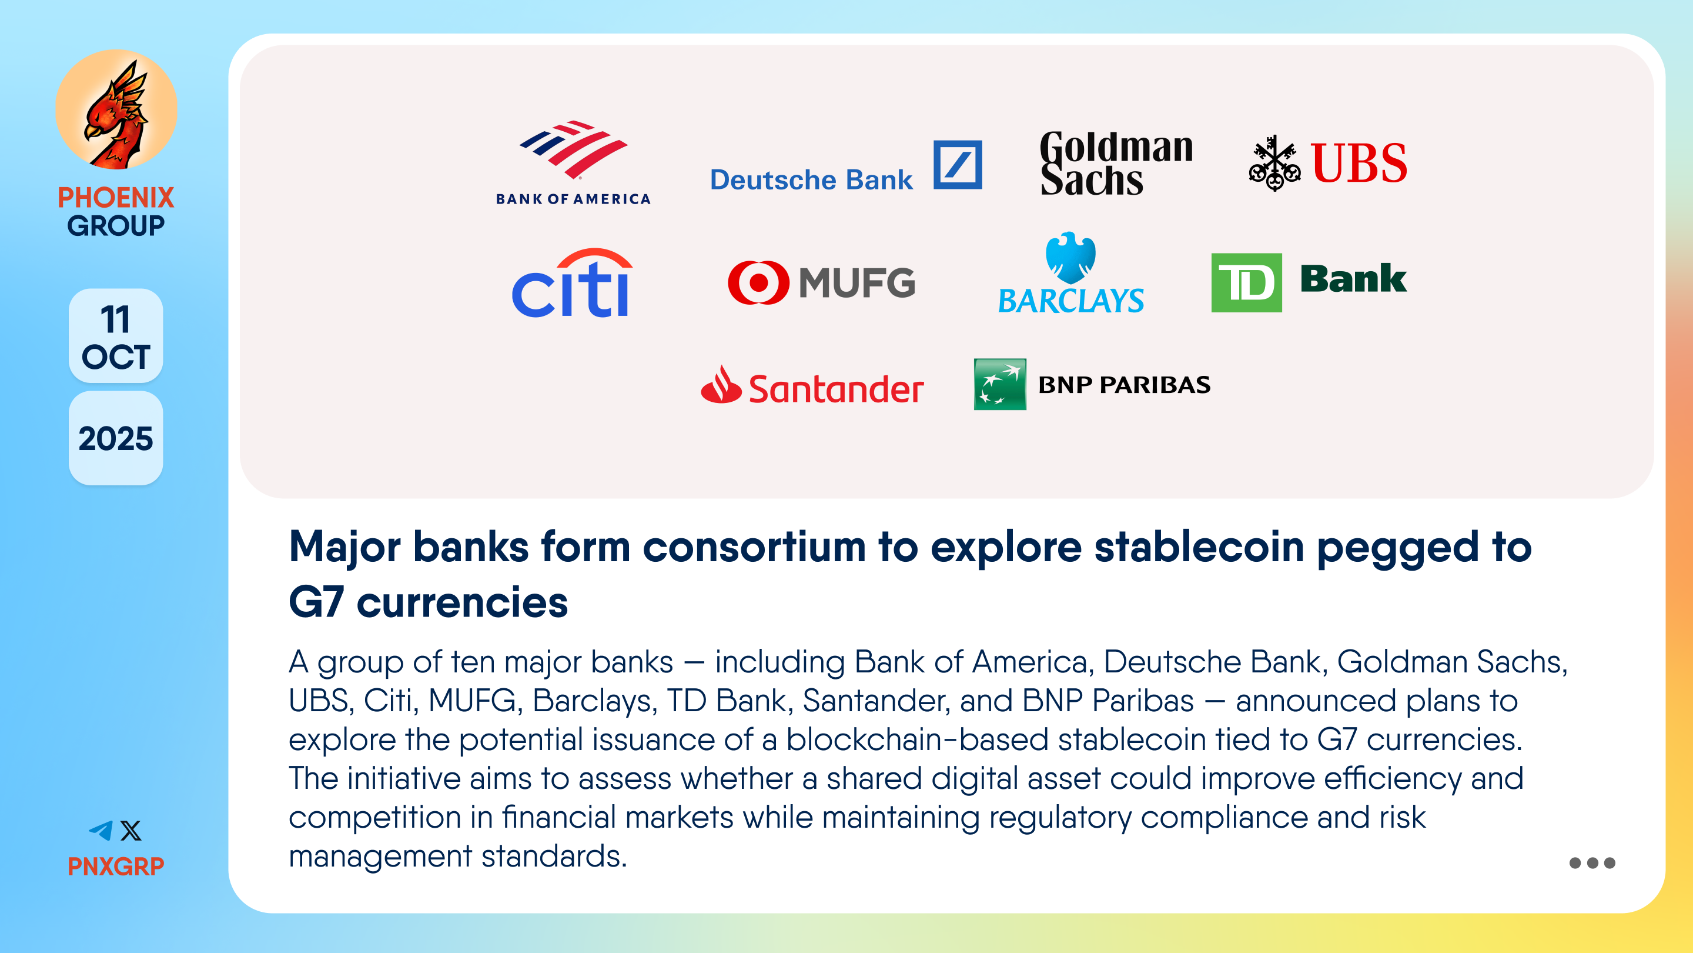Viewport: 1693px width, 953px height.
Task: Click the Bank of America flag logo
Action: coord(573,150)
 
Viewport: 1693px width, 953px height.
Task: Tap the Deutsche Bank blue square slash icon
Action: coord(958,165)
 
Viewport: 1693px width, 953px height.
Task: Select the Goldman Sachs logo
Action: coord(1116,163)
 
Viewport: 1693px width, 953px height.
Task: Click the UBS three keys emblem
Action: coord(1274,163)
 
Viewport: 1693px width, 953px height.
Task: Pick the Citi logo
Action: coord(573,283)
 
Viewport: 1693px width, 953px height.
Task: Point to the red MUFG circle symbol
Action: coord(758,283)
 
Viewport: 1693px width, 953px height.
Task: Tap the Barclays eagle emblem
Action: coord(1070,257)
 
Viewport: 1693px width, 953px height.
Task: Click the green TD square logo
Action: coord(1246,283)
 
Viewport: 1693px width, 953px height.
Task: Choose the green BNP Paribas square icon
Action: coord(999,384)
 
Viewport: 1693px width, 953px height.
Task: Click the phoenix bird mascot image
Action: coord(116,110)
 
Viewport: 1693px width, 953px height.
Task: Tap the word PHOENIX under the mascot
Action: coord(116,197)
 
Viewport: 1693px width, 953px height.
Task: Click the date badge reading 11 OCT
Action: coord(116,336)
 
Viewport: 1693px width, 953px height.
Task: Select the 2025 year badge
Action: coord(116,439)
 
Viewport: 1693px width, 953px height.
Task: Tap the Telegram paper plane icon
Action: coord(101,831)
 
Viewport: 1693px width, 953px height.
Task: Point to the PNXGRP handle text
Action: coord(116,866)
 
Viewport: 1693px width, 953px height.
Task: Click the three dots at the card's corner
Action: coord(1592,863)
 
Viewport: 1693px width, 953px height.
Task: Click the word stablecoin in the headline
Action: coord(1199,547)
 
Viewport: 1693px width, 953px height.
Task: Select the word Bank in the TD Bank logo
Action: coord(1353,278)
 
